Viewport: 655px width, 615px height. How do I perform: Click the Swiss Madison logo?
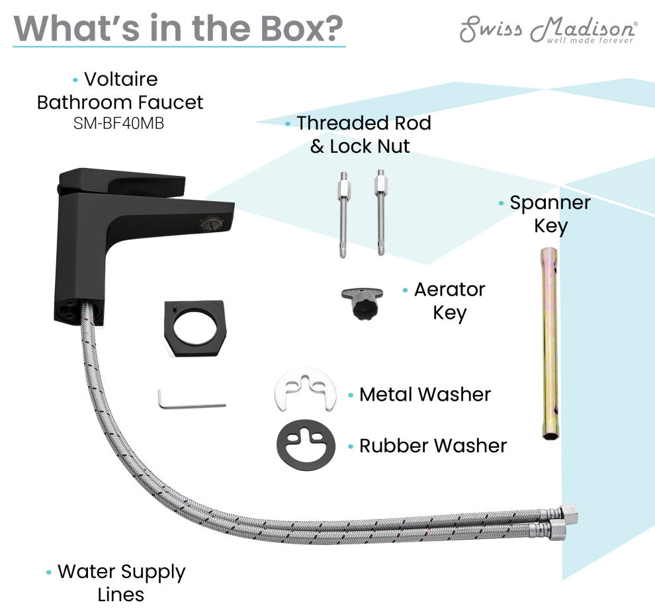(548, 30)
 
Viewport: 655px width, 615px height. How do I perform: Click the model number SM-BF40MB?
(119, 123)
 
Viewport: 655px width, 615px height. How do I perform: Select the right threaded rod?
(381, 212)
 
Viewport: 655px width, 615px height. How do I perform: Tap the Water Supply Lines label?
(121, 583)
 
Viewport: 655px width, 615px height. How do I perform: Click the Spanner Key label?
(550, 214)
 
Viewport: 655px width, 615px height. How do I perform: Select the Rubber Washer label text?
(433, 446)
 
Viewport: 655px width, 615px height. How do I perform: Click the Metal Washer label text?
(425, 395)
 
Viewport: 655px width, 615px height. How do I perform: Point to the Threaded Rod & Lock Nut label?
(363, 134)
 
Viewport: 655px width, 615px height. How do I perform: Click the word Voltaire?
(121, 79)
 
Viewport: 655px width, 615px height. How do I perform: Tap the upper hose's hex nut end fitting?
(568, 514)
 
